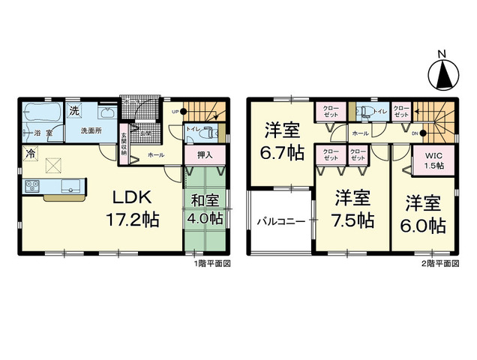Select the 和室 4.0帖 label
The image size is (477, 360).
tap(205, 209)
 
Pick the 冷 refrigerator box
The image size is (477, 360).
tap(29, 154)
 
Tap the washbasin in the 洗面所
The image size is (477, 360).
tap(107, 114)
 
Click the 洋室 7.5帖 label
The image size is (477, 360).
tap(353, 209)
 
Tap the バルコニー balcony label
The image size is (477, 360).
tap(281, 223)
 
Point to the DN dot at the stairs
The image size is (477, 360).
tap(423, 133)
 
